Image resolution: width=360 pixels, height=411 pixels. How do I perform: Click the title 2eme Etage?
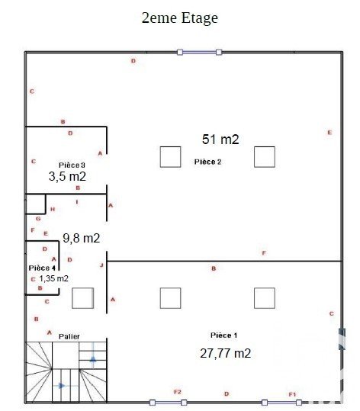(180, 18)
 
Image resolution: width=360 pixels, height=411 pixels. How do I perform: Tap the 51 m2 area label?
(220, 140)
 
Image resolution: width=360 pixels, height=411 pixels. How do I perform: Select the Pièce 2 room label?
(207, 162)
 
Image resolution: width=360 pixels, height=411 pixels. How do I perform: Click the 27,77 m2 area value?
(225, 353)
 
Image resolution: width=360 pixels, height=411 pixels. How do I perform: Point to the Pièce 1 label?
(224, 336)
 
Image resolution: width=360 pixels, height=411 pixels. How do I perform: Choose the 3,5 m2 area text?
(67, 176)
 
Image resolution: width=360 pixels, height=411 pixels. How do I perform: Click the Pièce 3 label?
(72, 165)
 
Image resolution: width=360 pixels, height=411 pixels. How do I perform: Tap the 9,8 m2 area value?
(82, 238)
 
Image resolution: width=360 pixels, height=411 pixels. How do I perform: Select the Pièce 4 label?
(42, 268)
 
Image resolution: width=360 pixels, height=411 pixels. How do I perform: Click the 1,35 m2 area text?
(53, 278)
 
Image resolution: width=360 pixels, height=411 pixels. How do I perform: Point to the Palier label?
(69, 336)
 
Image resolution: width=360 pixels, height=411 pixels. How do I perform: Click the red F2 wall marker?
(178, 392)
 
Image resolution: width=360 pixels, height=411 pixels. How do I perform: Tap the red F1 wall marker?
(292, 394)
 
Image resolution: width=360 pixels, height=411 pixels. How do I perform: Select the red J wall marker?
(101, 265)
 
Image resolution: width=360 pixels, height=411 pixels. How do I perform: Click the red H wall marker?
(53, 209)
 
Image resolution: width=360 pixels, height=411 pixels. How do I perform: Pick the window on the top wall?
(199, 53)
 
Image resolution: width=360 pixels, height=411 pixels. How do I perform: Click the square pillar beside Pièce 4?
(82, 298)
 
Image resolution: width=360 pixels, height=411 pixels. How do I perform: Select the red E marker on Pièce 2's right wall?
(329, 133)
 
